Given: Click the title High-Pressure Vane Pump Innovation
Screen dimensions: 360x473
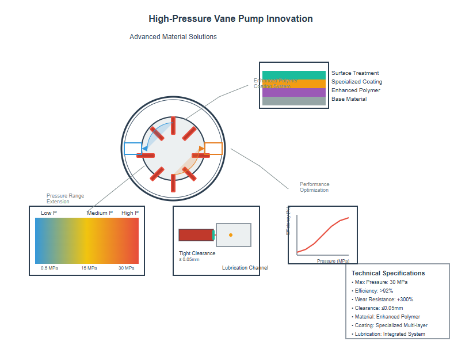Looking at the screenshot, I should tap(230, 19).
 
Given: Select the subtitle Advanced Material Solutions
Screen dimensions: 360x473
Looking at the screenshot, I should tap(173, 37).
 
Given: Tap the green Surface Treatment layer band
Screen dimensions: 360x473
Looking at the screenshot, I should tap(293, 75).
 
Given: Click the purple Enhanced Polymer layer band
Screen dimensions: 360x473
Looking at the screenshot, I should tap(293, 92).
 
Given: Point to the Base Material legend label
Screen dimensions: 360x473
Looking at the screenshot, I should tap(349, 99).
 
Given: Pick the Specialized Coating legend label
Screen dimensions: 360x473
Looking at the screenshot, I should tap(356, 82).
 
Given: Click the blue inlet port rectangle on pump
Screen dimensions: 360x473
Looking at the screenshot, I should tap(132, 149).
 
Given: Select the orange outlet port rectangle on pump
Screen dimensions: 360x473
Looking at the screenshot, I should tap(214, 149).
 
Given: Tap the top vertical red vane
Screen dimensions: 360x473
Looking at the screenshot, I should tap(173, 125).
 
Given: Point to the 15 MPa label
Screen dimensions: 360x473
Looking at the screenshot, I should tap(89, 268).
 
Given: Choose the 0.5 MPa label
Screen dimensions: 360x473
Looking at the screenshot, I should tap(49, 268).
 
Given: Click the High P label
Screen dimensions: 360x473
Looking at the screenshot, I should tap(130, 213).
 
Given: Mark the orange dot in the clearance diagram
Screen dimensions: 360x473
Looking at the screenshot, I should tap(231, 235).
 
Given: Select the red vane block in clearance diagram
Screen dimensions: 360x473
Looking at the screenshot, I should tap(196, 235).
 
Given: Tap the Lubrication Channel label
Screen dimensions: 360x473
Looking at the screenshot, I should tap(245, 268).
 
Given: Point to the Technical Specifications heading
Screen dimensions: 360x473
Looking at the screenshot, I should tap(388, 273).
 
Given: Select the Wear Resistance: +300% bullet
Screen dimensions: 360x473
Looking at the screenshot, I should tap(382, 300).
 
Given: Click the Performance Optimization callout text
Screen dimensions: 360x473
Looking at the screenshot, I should tap(315, 187).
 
